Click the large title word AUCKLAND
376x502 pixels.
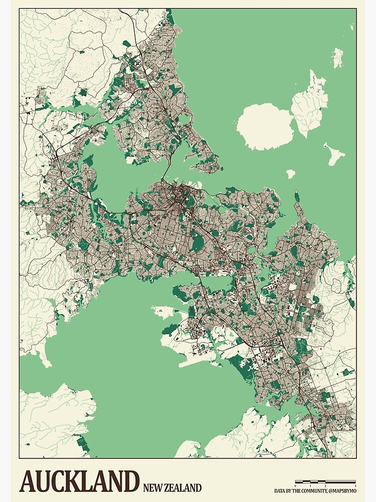(79, 481)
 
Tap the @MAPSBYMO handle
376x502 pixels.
(343, 490)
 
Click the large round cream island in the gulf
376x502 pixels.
(265, 127)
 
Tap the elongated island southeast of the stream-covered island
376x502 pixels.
(334, 154)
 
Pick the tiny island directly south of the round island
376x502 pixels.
(290, 174)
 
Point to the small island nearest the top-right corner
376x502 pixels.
(338, 57)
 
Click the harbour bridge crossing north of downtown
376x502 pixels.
(163, 176)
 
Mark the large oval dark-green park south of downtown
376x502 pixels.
(199, 244)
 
